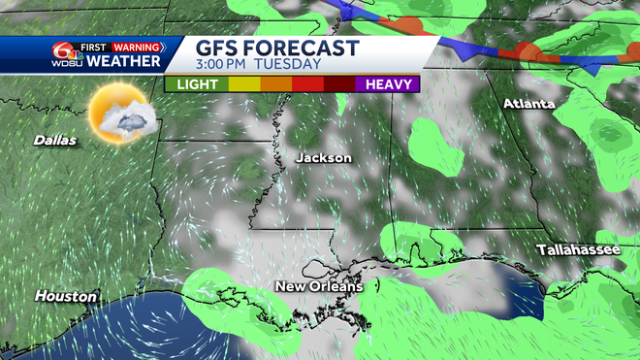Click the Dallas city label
click(x=55, y=140)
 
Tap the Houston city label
click(x=66, y=295)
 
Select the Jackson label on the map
click(x=323, y=158)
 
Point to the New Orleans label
click(x=318, y=286)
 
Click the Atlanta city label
click(x=528, y=104)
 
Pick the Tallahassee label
click(x=579, y=250)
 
